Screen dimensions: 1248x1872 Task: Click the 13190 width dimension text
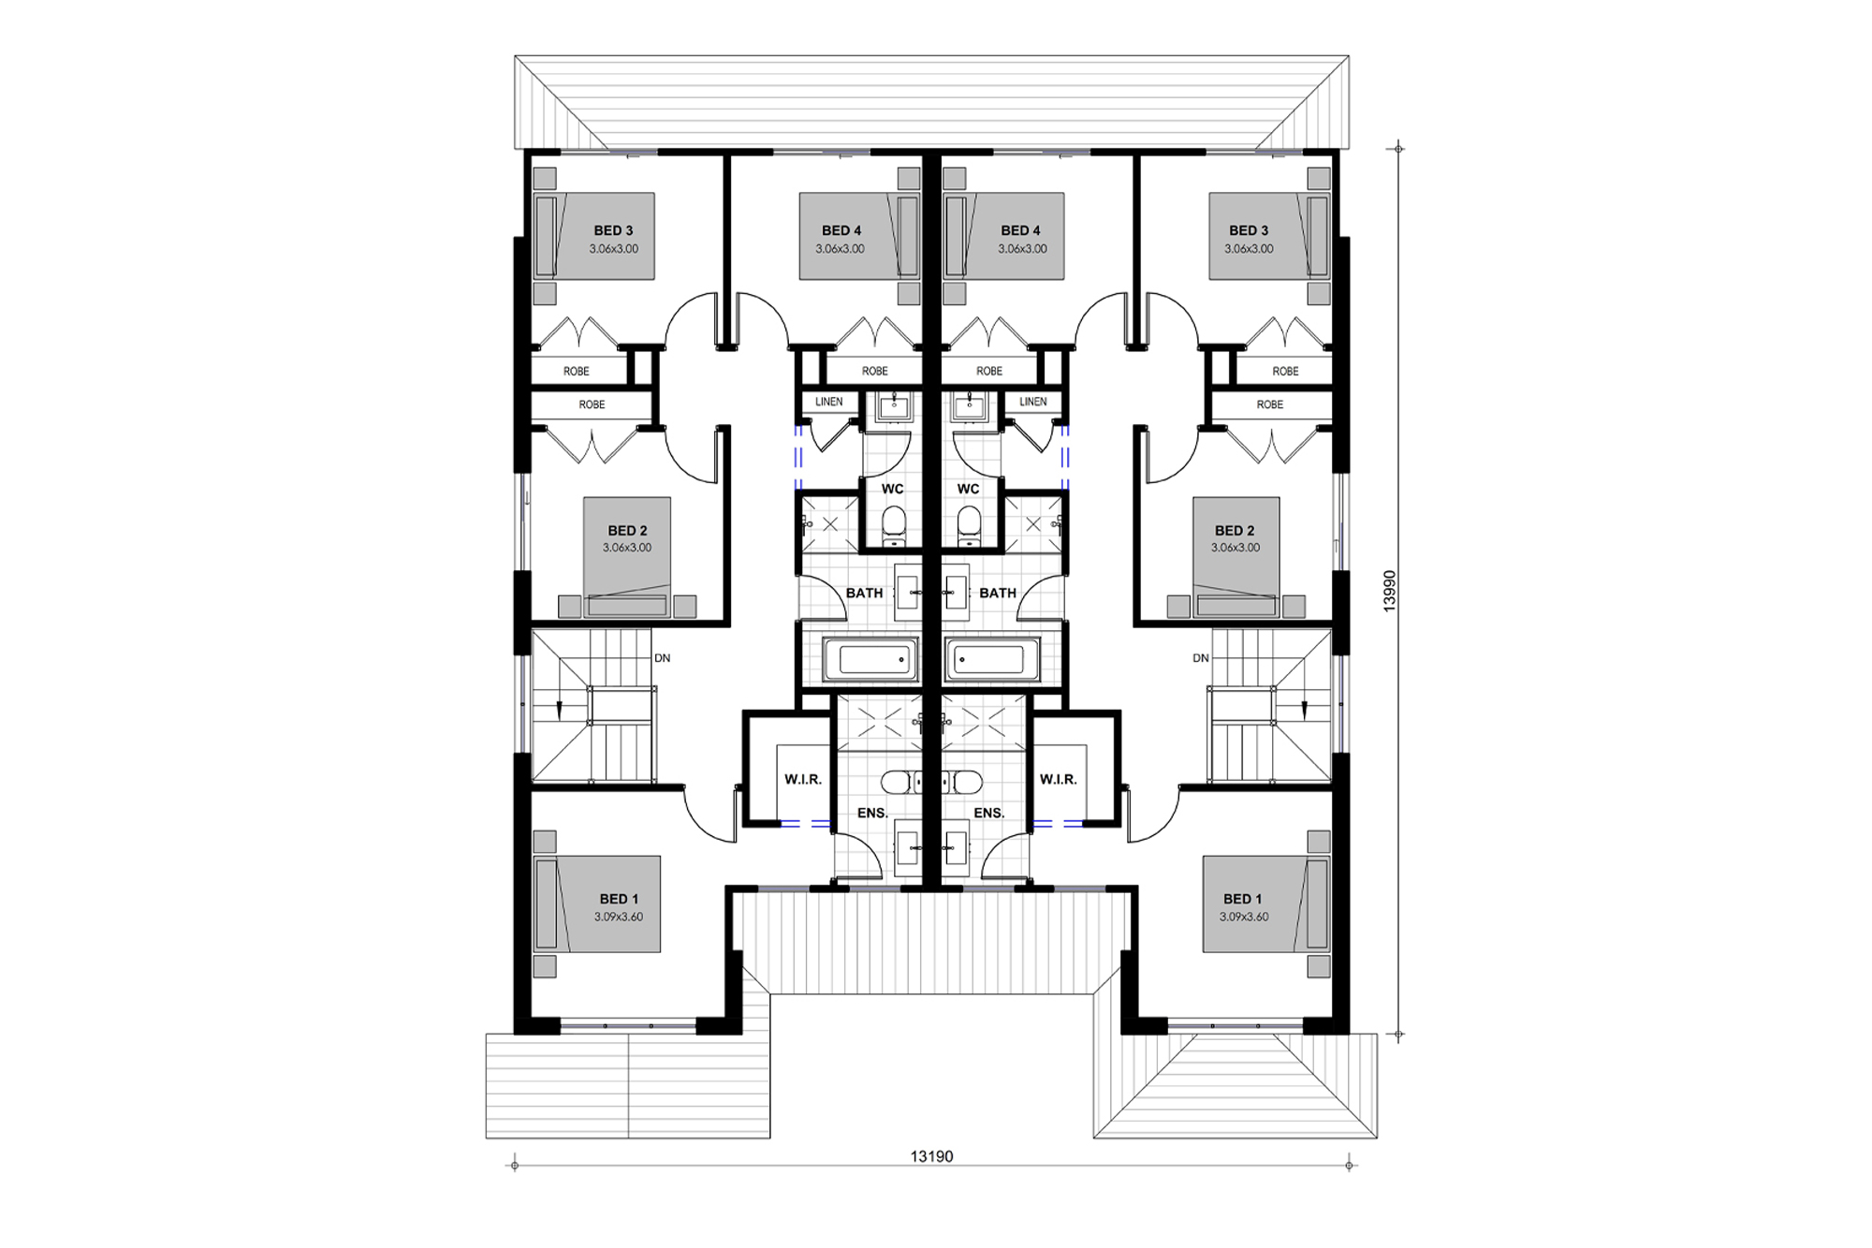[931, 1156]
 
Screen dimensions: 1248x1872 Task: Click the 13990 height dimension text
[1390, 591]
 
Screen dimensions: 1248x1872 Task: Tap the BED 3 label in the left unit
[613, 230]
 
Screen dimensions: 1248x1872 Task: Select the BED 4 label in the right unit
[1020, 230]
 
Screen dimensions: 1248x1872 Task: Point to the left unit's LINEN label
[828, 402]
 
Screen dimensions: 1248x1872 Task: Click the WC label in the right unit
[968, 489]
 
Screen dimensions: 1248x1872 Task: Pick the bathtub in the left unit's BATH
[870, 659]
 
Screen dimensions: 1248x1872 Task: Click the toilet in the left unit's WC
[894, 524]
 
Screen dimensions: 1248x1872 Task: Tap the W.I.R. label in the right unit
[1058, 779]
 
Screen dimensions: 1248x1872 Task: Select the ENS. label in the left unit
[872, 813]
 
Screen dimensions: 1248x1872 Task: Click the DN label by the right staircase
[1201, 658]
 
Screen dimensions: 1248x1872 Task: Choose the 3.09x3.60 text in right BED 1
[1244, 917]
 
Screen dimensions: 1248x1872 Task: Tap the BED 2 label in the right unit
[1235, 531]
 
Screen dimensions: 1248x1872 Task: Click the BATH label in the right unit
[997, 593]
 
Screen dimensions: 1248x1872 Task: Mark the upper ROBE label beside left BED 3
[576, 372]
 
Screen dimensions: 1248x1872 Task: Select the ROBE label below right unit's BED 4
[989, 372]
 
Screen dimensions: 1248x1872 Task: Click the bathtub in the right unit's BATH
[992, 659]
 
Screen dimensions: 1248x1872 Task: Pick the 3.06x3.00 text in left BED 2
[627, 548]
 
